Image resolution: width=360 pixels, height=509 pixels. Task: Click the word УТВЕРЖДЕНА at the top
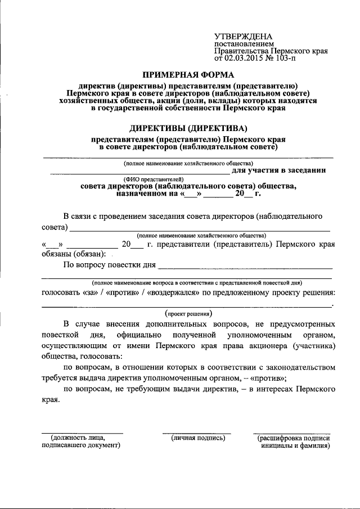point(242,36)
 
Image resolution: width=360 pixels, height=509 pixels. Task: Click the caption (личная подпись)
point(198,438)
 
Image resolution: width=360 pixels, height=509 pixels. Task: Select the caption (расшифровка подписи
point(293,438)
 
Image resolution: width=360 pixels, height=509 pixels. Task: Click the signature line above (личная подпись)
point(197,433)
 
